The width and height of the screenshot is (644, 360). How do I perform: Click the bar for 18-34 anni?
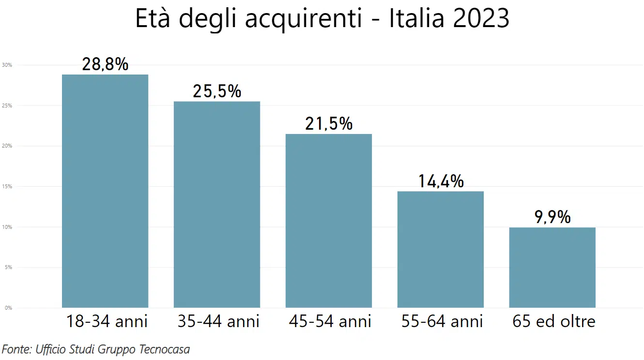click(x=105, y=191)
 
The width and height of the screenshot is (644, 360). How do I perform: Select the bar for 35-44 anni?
click(x=217, y=204)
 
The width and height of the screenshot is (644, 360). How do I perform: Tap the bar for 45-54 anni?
click(x=329, y=221)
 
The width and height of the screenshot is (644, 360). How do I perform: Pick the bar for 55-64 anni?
click(x=441, y=249)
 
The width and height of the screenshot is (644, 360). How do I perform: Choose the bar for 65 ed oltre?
click(x=552, y=267)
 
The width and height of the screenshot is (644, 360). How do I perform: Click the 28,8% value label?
click(x=105, y=64)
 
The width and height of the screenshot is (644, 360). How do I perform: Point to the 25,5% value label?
click(x=217, y=91)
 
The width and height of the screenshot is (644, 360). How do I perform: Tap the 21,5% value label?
click(x=329, y=124)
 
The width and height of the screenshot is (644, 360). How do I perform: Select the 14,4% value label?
click(x=441, y=181)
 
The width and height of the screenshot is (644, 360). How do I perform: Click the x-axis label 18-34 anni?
click(x=107, y=321)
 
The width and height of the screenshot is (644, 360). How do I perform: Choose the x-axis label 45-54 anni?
click(x=330, y=321)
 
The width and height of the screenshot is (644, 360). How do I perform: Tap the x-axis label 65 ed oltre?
click(x=554, y=321)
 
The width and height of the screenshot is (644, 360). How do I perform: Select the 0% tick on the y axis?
click(x=9, y=308)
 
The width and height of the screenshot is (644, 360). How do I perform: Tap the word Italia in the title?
click(x=416, y=18)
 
